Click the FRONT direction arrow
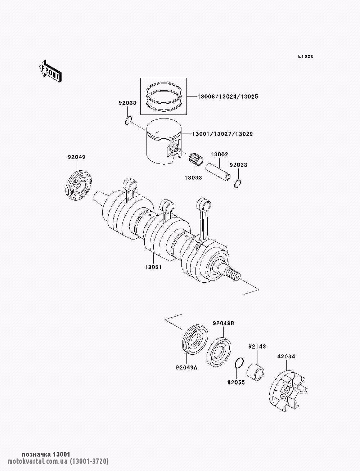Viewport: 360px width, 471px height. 50,71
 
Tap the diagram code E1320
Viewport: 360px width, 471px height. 306,57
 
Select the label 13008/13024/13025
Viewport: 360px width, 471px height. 228,97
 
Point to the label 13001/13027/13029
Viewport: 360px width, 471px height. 222,134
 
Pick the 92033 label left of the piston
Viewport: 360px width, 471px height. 127,103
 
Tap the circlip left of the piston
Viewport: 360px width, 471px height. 129,121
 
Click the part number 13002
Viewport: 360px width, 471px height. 219,154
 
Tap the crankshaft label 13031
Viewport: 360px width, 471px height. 153,267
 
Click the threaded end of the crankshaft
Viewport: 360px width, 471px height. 233,274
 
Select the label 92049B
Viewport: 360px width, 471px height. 224,323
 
